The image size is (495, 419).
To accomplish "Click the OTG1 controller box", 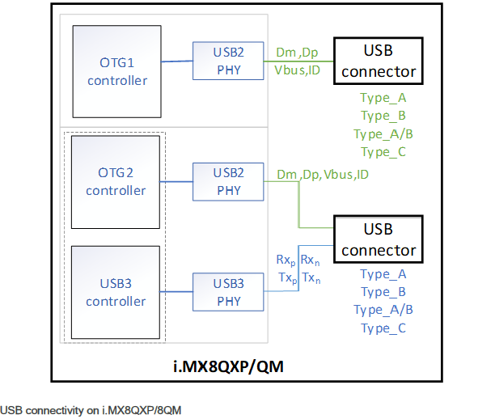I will click(x=116, y=71).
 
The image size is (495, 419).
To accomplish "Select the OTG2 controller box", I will click(x=116, y=182).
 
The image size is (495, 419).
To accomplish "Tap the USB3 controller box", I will click(x=116, y=293).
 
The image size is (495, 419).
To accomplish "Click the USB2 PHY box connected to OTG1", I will click(x=229, y=61).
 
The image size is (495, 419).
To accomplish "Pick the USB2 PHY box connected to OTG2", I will click(x=229, y=182).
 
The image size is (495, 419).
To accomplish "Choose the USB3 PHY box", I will click(x=229, y=293).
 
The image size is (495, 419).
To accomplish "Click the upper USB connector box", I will click(x=379, y=61).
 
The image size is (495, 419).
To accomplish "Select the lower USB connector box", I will click(x=379, y=239).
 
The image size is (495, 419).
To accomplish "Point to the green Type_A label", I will click(x=383, y=98).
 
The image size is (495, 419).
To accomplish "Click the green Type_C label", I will click(x=383, y=152).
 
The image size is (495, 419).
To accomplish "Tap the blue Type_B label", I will click(x=383, y=292).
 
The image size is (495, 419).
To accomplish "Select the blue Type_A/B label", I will click(x=383, y=310).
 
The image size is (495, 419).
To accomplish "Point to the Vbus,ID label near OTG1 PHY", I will click(x=297, y=71).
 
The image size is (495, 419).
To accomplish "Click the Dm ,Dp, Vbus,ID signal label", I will click(x=323, y=174).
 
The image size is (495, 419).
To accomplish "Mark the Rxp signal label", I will click(x=286, y=261).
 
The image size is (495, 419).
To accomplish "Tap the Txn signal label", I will click(x=311, y=278).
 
